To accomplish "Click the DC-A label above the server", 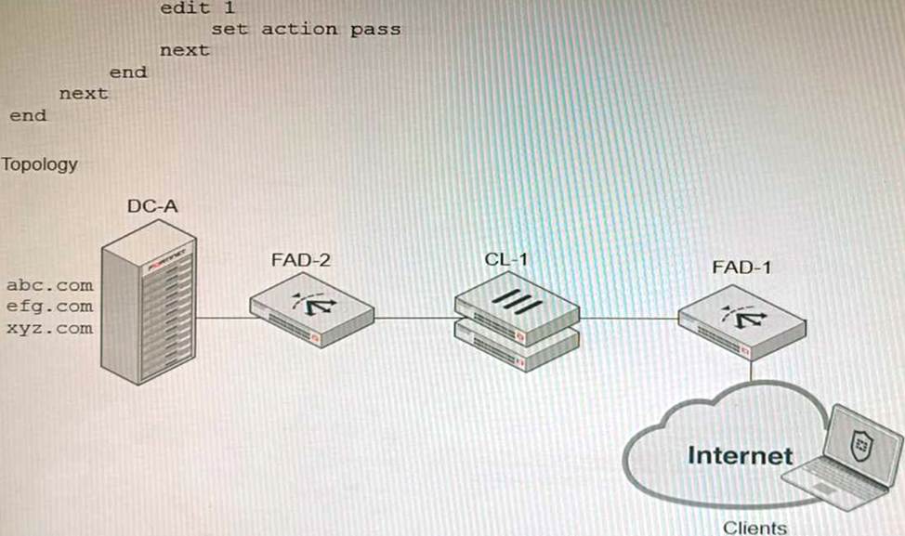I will pos(152,206).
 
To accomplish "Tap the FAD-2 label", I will pos(300,260).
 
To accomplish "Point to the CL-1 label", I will pos(505,259).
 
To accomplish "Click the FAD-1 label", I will pos(741,268).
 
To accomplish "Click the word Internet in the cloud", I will pos(740,455).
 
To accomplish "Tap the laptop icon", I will pos(839,458).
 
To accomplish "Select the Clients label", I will pos(754,527).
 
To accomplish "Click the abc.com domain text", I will pos(50,284).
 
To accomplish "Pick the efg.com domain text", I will pos(50,306).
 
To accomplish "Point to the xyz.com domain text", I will pos(50,328).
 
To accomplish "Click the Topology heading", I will pos(39,164).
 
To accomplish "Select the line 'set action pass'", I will pos(306,29).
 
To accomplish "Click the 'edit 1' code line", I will pos(197,7).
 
